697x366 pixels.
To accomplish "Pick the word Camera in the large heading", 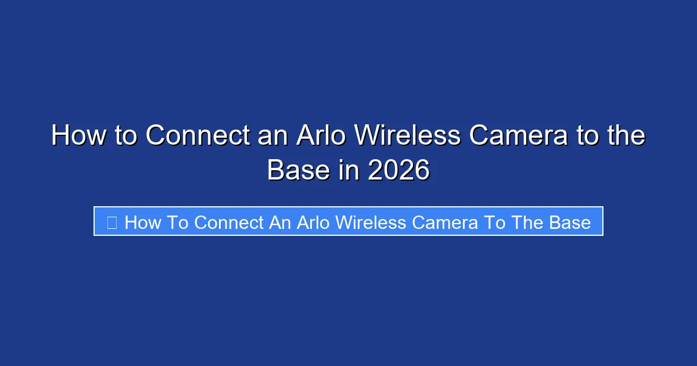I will (518, 136).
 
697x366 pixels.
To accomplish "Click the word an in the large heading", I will (271, 136).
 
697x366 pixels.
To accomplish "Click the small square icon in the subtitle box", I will (112, 222).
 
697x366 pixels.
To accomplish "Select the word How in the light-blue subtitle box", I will (142, 223).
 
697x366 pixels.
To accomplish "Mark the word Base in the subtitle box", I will (569, 223).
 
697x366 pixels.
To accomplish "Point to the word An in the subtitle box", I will (281, 223).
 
